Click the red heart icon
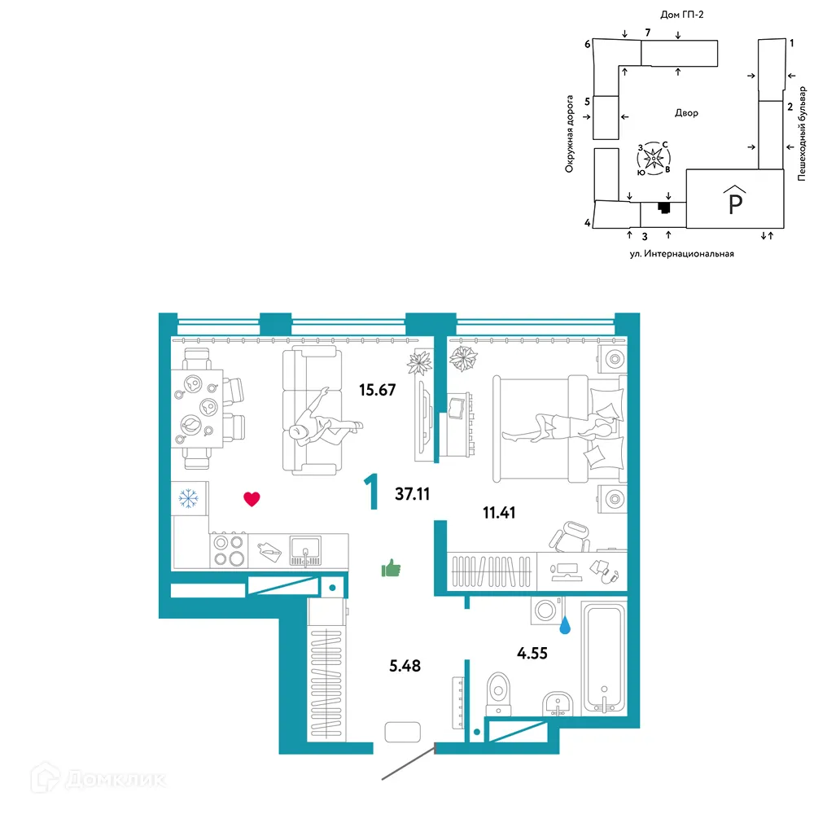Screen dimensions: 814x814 click(252, 499)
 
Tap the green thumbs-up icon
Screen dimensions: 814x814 click(391, 568)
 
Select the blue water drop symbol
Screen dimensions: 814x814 click(565, 625)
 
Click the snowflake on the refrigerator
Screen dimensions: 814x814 click(188, 498)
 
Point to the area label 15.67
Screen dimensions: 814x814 click(378, 390)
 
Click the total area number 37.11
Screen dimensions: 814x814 click(412, 494)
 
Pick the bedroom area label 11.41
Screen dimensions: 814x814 click(499, 513)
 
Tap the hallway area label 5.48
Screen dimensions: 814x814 click(405, 666)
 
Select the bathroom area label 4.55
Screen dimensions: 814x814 click(532, 653)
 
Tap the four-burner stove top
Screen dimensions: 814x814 click(230, 550)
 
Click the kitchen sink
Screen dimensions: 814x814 click(305, 550)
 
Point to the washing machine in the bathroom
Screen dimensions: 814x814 click(547, 610)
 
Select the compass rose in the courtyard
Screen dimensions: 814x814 click(654, 158)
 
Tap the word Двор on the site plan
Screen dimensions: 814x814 click(686, 112)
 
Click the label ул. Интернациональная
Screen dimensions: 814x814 click(681, 254)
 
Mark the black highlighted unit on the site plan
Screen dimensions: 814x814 click(664, 207)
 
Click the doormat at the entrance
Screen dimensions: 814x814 click(402, 732)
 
